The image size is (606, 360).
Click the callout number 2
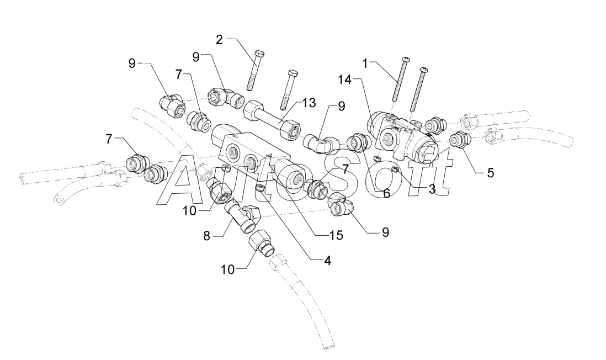click(219, 39)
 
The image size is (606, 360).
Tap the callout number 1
click(365, 62)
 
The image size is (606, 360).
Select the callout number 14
click(345, 80)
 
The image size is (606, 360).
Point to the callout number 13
click(309, 103)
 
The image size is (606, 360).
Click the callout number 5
click(491, 173)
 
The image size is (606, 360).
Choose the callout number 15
click(336, 235)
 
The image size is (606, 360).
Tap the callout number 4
click(327, 261)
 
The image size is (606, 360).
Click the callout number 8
click(207, 235)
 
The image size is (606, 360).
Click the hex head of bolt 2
click(259, 54)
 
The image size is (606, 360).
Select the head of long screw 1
click(405, 59)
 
